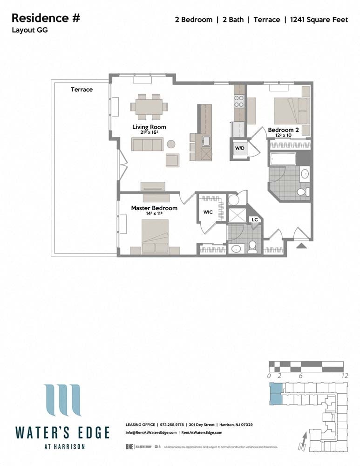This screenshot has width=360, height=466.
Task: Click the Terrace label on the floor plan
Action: (82, 89)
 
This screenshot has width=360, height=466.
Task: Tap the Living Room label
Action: (149, 127)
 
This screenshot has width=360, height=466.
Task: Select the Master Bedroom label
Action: (154, 208)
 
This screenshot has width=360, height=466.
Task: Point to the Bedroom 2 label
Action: (283, 130)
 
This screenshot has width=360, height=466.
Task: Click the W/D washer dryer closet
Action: (240, 149)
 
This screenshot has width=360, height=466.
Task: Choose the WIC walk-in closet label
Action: (208, 212)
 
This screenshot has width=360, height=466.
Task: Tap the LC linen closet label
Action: (255, 219)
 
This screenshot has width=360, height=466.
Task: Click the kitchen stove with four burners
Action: (239, 101)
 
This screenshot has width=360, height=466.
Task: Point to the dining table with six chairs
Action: (149, 106)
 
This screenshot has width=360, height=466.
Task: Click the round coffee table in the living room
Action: (171, 144)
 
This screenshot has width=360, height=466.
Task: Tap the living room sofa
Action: (147, 144)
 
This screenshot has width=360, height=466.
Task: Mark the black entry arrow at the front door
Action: (301, 245)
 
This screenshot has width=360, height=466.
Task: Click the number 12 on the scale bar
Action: (345, 376)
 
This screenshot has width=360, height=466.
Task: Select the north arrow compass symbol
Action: (304, 441)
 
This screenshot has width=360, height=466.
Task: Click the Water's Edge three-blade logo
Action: (62, 400)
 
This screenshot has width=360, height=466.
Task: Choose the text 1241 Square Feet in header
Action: (319, 20)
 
